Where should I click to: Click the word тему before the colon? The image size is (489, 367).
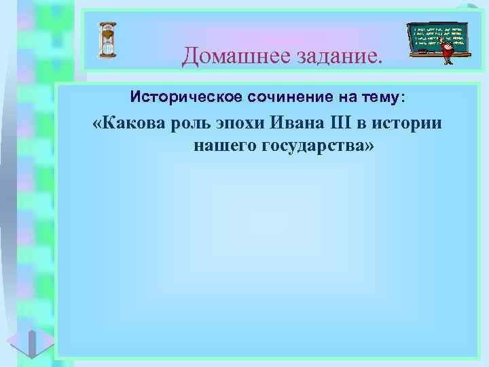click(x=382, y=99)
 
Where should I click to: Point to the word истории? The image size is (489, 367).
click(x=407, y=125)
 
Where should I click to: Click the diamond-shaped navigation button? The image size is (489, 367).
click(x=31, y=341)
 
